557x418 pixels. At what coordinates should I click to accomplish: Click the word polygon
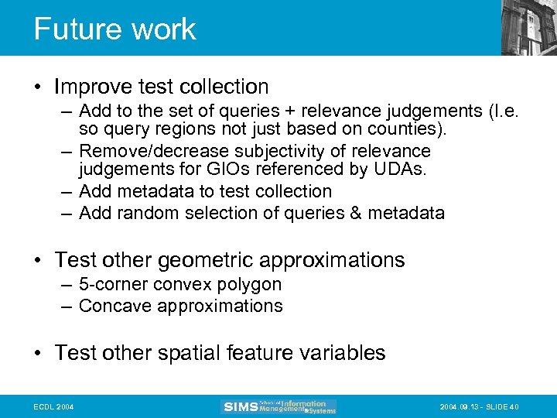tap(250, 284)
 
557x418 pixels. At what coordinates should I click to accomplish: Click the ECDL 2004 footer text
tap(53, 406)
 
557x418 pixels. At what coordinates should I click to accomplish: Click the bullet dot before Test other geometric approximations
tap(40, 261)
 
